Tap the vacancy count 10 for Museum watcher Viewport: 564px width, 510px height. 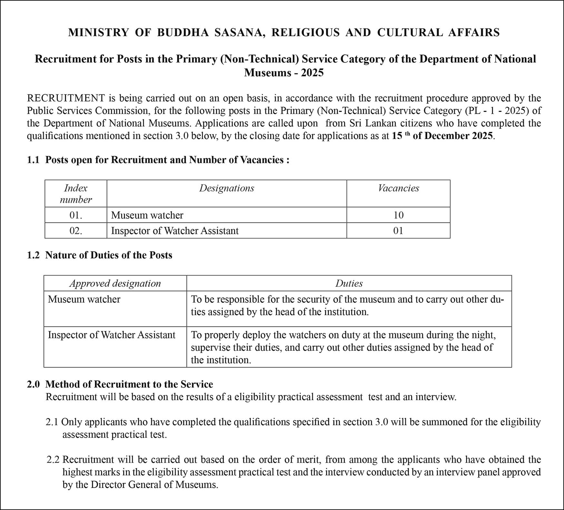tap(398, 215)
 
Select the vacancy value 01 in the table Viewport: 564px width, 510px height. tap(398, 231)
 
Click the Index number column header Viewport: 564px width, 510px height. tap(76, 194)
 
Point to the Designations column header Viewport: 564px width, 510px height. tap(227, 188)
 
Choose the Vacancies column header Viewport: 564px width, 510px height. tap(398, 188)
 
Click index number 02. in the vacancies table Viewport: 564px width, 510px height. tap(76, 231)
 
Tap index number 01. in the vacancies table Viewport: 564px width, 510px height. tap(76, 215)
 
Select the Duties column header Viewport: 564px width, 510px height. tap(349, 283)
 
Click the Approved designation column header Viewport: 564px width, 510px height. tap(115, 283)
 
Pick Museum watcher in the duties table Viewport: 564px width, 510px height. tap(84, 299)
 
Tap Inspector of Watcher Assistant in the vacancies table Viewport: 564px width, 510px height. tap(175, 231)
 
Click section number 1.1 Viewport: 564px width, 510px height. tap(33, 160)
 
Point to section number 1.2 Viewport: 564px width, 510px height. tap(33, 255)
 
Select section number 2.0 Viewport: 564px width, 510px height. tap(33, 384)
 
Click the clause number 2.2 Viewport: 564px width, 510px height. tap(53, 459)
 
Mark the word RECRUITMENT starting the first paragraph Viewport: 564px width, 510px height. tap(66, 98)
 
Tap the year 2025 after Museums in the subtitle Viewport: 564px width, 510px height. tap(312, 73)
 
